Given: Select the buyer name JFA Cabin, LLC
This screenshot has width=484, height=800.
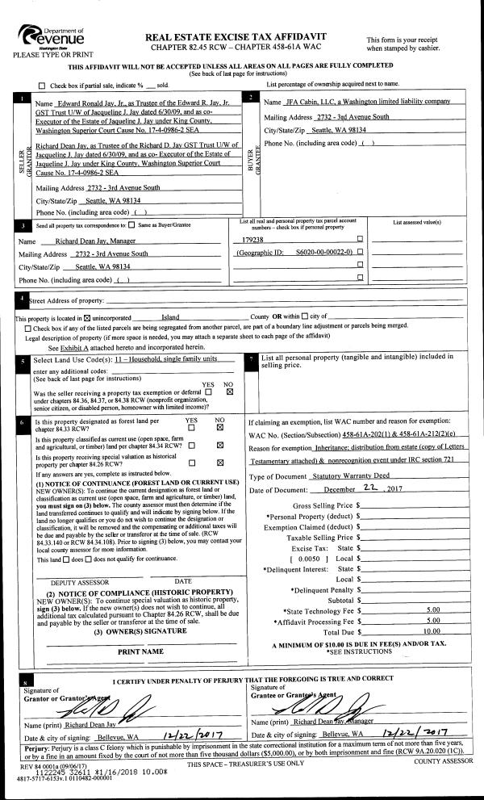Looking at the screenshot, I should [357, 103].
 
